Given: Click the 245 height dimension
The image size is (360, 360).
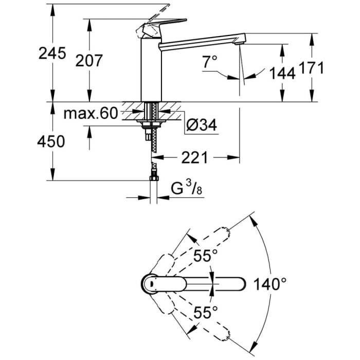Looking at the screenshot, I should coord(52,53).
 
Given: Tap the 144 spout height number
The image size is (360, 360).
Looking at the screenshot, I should coord(282,73).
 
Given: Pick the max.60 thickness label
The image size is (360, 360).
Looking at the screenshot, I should coord(91,113).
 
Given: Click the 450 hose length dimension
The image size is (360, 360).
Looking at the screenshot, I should coord(52,141).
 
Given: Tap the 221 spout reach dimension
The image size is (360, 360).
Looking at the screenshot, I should coord(193,157).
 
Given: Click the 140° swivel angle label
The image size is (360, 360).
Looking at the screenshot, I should coord(269,283).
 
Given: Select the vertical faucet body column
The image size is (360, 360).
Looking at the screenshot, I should coord(151,72).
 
